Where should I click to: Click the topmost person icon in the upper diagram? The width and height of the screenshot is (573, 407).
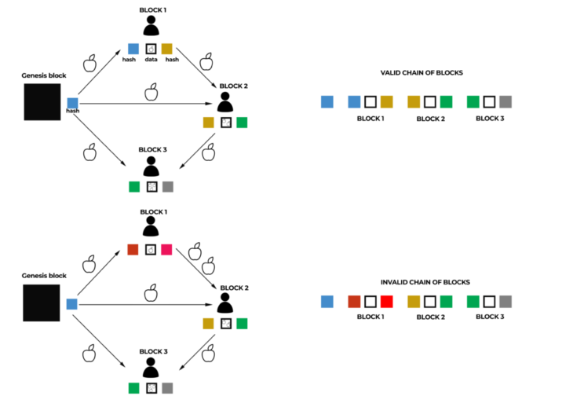point(151,25)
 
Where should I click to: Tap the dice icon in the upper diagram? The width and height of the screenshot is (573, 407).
point(151,49)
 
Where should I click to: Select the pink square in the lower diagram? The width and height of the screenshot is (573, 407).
point(166,250)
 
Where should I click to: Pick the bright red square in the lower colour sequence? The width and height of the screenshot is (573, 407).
point(386,302)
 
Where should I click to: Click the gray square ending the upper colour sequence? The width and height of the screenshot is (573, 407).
point(505,101)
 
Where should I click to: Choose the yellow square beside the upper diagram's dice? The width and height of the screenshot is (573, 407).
point(167,49)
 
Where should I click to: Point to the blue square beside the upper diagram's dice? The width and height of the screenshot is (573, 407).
point(133,49)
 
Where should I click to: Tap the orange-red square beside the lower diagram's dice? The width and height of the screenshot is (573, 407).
point(133,250)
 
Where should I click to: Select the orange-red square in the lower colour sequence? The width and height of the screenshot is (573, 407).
point(354,302)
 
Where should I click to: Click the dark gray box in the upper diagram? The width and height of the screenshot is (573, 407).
point(42,102)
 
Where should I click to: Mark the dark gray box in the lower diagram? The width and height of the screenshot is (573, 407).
point(42,303)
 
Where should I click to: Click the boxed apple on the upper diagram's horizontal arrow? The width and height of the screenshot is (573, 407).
point(151,91)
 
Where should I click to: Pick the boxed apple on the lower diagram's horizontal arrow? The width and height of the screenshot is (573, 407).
point(151,292)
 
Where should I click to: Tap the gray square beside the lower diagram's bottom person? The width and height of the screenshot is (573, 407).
point(167,388)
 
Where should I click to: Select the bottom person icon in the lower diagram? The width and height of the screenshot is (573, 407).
point(150,367)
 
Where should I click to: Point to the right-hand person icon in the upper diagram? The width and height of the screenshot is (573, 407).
point(225,102)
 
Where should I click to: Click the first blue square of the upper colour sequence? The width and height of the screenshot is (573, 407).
point(327,101)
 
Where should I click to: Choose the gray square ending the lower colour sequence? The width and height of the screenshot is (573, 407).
point(505,302)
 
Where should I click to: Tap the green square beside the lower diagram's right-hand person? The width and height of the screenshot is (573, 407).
point(242,324)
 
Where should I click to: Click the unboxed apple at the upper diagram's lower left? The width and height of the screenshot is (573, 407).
point(89,152)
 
